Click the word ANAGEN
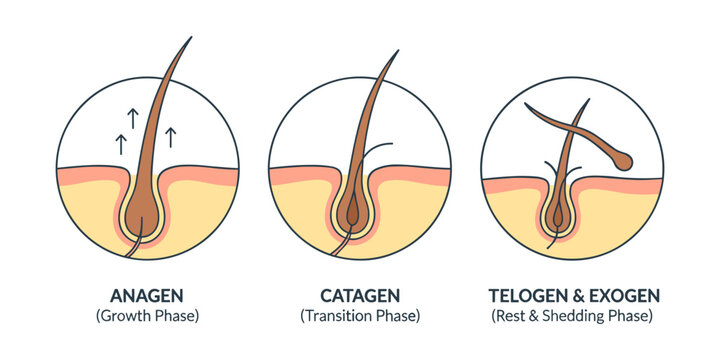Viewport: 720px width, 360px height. tap(146, 296)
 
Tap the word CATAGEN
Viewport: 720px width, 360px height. tap(360, 296)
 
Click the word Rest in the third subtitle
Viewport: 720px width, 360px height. tap(506, 316)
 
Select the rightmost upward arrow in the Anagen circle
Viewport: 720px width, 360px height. tap(170, 135)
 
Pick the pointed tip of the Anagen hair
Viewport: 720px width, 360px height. tap(190, 40)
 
